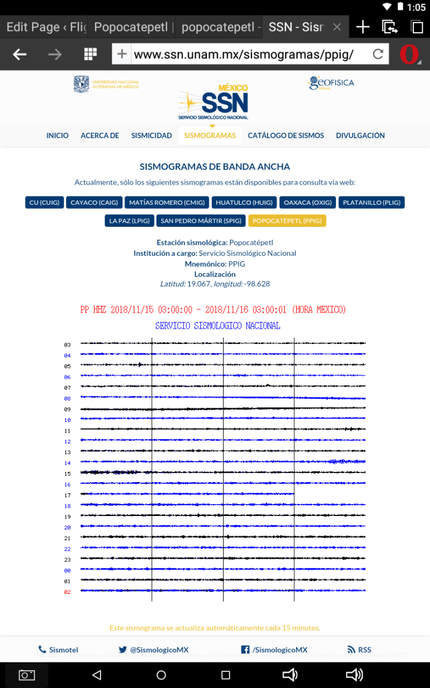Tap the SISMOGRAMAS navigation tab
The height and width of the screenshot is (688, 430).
point(210,136)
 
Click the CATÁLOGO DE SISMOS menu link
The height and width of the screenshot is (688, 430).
point(285,136)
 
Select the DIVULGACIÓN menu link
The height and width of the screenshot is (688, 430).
point(360,136)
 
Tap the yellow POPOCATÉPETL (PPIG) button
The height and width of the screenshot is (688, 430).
point(287,221)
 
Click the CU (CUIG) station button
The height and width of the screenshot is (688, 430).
point(44,202)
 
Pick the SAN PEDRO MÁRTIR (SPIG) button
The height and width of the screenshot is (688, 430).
point(201,221)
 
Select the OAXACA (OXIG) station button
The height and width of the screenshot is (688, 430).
point(307,202)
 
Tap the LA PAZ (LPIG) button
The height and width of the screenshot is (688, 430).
point(130,221)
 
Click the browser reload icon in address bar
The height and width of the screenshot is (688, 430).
point(378,55)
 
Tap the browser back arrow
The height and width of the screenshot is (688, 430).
point(20,55)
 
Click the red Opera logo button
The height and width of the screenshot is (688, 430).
point(409,55)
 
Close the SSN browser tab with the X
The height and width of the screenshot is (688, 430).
point(337,27)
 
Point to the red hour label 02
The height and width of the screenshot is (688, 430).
point(67,592)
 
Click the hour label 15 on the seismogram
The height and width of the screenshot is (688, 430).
point(67,474)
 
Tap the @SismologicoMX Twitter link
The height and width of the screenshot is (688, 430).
point(153,650)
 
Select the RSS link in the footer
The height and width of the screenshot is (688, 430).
point(359,650)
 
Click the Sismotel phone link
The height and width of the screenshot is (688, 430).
point(58,650)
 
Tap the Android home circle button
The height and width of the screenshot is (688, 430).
point(161,675)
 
